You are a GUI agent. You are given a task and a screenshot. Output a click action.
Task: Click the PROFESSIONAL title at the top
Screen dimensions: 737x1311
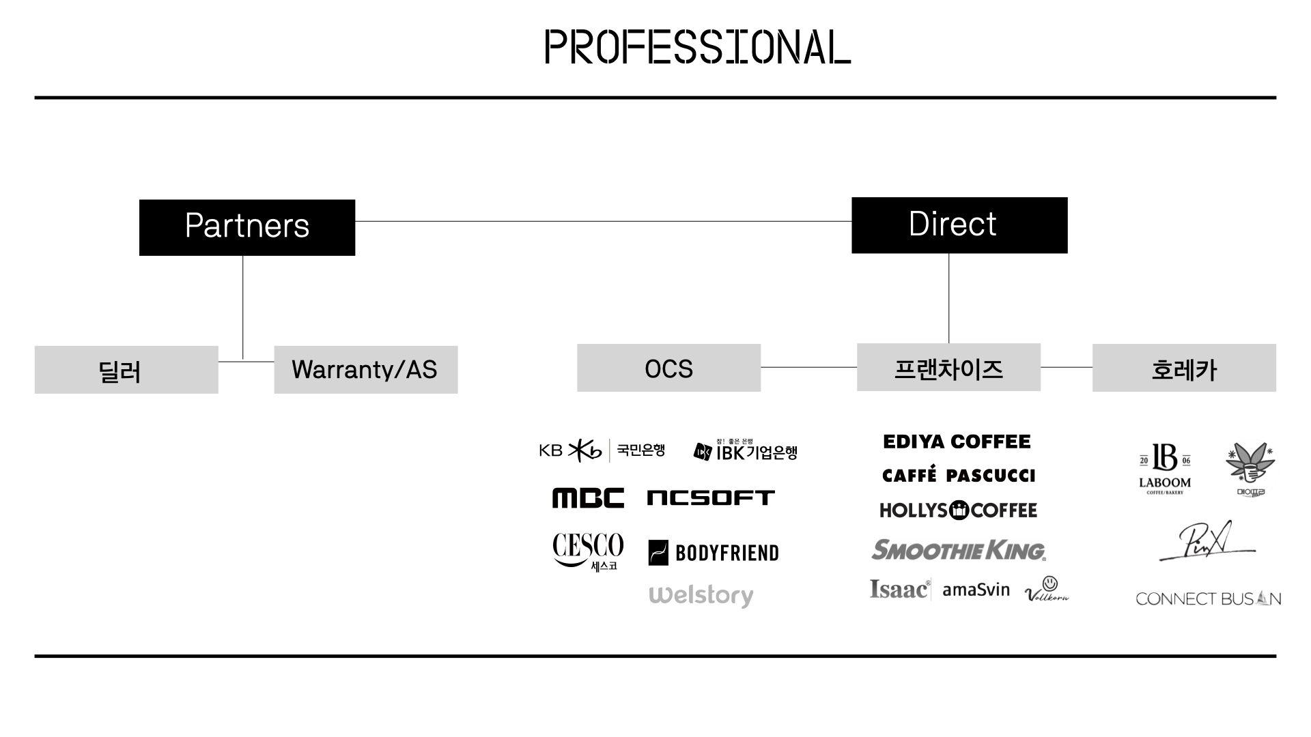pos(697,47)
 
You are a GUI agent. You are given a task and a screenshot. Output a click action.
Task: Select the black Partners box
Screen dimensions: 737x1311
pos(247,227)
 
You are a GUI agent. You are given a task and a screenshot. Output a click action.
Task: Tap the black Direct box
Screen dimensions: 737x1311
pos(959,225)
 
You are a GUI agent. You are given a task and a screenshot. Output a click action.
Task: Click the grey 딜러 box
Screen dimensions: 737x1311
pos(126,370)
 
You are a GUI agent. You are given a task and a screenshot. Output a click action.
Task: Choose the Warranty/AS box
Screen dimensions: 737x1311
pos(366,370)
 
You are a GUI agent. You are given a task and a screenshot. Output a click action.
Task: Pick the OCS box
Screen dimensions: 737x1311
pos(668,368)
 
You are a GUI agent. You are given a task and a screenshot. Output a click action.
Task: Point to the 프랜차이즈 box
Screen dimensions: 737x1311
pos(948,368)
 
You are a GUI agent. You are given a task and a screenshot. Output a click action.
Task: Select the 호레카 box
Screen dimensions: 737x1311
pos(1184,368)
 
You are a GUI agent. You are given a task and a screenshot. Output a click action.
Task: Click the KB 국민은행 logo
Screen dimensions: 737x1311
pos(602,450)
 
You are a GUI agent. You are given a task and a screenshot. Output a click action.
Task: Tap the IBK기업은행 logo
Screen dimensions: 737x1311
pos(746,451)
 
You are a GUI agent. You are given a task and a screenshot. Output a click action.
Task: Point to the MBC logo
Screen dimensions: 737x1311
pos(588,498)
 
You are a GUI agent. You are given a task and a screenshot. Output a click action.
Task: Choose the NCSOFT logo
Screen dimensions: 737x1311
pos(711,498)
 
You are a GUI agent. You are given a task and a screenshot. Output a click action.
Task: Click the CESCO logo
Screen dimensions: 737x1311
pos(588,551)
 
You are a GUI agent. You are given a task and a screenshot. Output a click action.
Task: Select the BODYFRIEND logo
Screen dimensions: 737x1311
pos(714,553)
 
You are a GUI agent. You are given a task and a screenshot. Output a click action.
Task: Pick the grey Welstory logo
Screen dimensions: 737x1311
pos(701,595)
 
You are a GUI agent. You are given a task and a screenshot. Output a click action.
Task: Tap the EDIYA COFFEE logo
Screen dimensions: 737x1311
pos(957,442)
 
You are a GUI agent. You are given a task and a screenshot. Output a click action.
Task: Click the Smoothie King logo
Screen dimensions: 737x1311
pos(958,550)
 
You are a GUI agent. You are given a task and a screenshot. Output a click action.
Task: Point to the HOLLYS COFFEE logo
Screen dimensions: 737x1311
pos(958,510)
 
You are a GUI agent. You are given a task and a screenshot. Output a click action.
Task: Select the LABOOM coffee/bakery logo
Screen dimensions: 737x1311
pos(1165,468)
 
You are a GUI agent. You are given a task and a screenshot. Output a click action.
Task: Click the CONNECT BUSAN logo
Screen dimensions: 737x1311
pos(1208,598)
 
